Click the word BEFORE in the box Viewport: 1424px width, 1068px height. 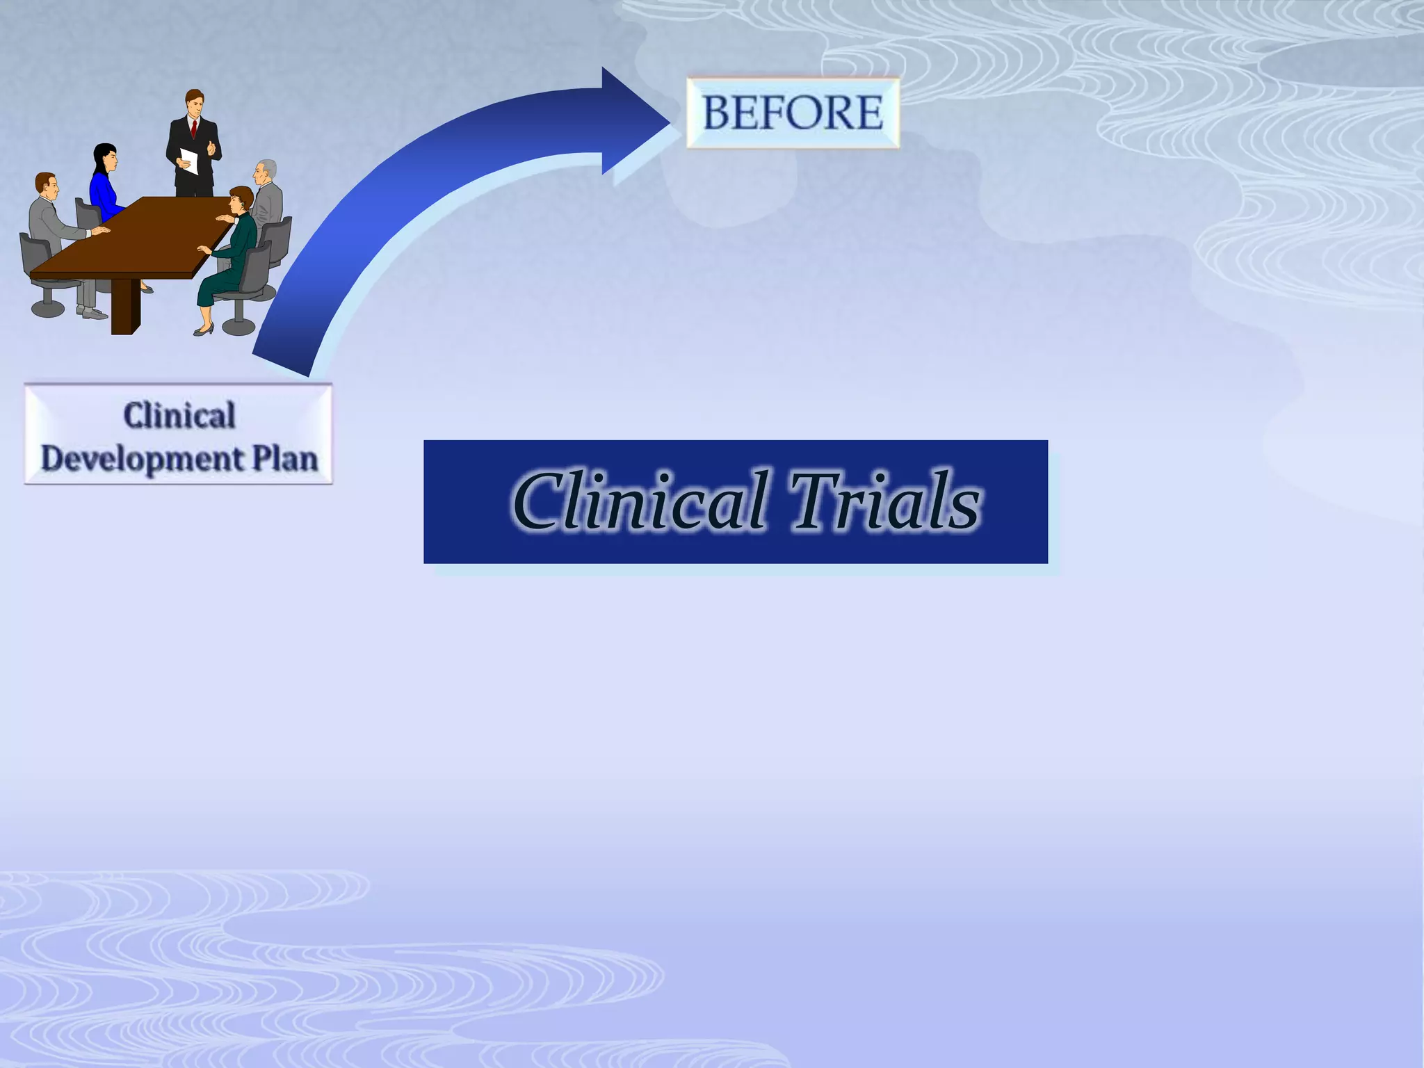pyautogui.click(x=793, y=113)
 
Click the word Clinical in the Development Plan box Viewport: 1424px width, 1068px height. pyautogui.click(x=179, y=415)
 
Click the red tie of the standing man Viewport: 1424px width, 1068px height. pyautogui.click(x=194, y=129)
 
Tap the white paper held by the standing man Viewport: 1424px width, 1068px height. pyautogui.click(x=189, y=161)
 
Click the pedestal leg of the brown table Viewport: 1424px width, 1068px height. pyautogui.click(x=125, y=307)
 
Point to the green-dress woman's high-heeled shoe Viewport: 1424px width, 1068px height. pyautogui.click(x=203, y=331)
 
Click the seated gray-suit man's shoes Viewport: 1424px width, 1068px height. pyautogui.click(x=92, y=314)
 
